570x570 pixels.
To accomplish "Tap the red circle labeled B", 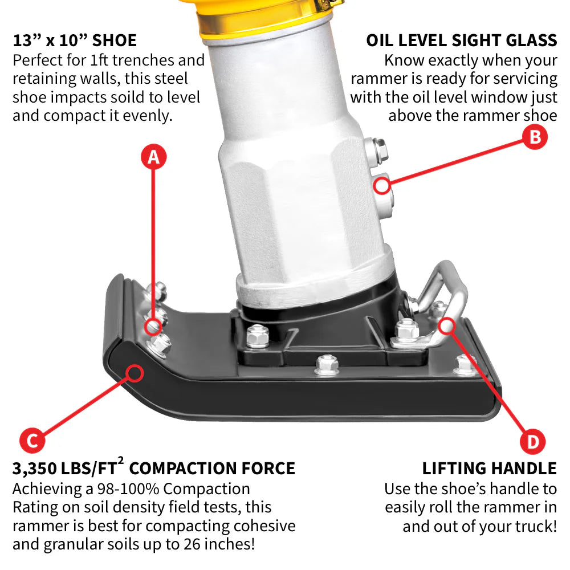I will coord(534,137).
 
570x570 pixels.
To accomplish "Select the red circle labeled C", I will coord(32,441).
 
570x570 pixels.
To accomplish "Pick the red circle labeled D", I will coord(533,442).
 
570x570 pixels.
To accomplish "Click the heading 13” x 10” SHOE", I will coord(75,40).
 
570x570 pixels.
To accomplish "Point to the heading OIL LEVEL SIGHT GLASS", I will coord(461,40).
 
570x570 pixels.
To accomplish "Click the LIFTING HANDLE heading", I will coord(489,469).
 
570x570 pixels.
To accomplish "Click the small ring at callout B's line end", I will coord(382,185).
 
